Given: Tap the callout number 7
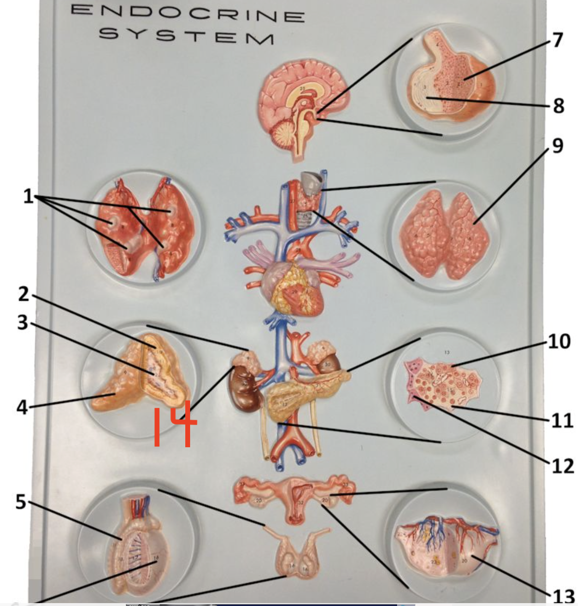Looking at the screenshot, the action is click(557, 39).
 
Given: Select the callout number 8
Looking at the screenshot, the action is click(559, 105).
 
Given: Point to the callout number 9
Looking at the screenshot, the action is click(557, 145).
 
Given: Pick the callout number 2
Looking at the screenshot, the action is click(24, 294).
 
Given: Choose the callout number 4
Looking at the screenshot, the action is click(22, 408).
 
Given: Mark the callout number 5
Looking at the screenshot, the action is click(20, 502).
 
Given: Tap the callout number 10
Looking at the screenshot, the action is click(559, 342).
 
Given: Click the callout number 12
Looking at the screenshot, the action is click(562, 466).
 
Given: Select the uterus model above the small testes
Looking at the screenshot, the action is click(294, 497).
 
